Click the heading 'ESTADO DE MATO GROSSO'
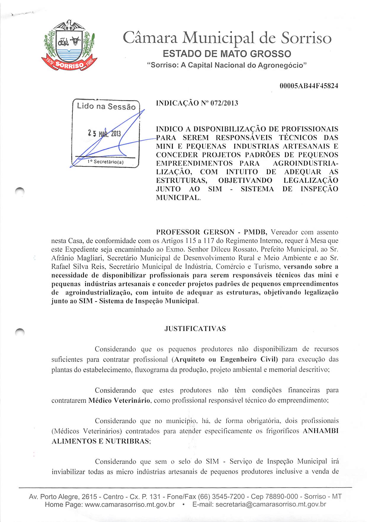click(x=227, y=54)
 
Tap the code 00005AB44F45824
click(x=309, y=86)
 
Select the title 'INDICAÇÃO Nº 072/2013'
click(x=197, y=103)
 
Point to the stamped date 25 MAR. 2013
click(x=104, y=134)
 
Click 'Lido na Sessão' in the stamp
click(x=106, y=106)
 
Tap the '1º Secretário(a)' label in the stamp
click(x=105, y=162)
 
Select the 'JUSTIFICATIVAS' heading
click(x=195, y=329)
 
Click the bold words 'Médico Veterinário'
click(x=119, y=401)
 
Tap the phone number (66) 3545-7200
click(x=221, y=497)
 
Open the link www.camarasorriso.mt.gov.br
click(x=130, y=504)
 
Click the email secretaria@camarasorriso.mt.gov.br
click(x=271, y=504)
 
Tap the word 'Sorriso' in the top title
click(x=306, y=38)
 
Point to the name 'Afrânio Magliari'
click(x=78, y=258)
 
